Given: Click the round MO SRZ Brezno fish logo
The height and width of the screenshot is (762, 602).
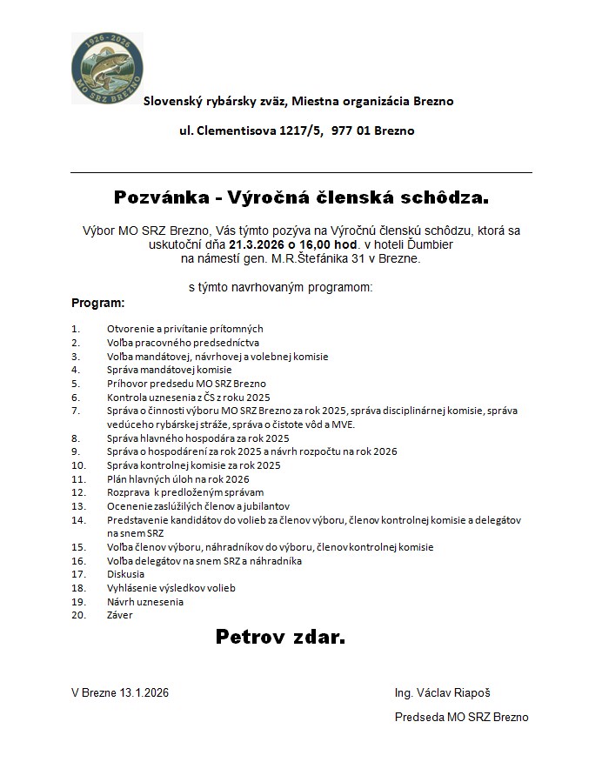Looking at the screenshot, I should (107, 69).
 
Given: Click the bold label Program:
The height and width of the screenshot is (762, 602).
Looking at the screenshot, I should (97, 304).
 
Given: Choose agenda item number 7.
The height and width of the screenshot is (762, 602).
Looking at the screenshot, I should (76, 410).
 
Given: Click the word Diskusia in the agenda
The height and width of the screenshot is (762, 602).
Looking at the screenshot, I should (126, 574).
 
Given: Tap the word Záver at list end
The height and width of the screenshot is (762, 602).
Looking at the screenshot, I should (121, 615).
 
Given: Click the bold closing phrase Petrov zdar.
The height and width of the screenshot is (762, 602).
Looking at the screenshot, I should (280, 638).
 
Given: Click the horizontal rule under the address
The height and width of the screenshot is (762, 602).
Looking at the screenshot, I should (300, 172).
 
